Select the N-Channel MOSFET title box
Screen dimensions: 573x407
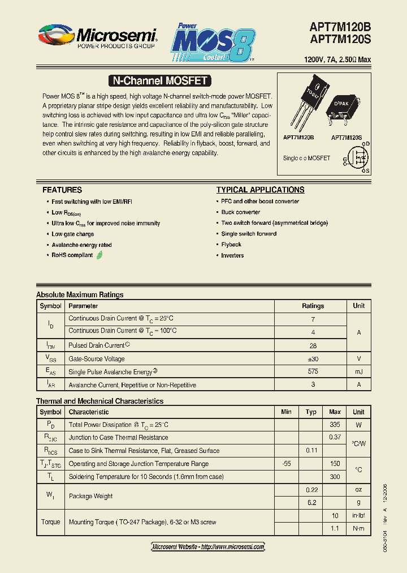[x=160, y=80]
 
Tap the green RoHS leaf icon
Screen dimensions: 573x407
[x=100, y=255]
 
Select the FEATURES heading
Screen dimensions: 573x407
[x=62, y=190]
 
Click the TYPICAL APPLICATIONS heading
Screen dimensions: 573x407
[x=260, y=190]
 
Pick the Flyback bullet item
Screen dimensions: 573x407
[x=231, y=245]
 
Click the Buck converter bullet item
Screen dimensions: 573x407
[x=241, y=212]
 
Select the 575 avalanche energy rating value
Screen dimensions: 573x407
[x=313, y=371]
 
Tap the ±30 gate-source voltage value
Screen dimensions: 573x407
[x=313, y=358]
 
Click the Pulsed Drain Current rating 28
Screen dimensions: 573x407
[x=313, y=345]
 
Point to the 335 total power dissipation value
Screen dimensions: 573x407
[x=335, y=424]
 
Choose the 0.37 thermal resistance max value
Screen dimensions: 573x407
[x=335, y=437]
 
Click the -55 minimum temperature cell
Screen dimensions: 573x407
[x=287, y=463]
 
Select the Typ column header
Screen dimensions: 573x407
[x=311, y=412]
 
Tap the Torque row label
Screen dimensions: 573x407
[x=50, y=521]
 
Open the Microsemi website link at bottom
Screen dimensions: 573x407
[x=208, y=546]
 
